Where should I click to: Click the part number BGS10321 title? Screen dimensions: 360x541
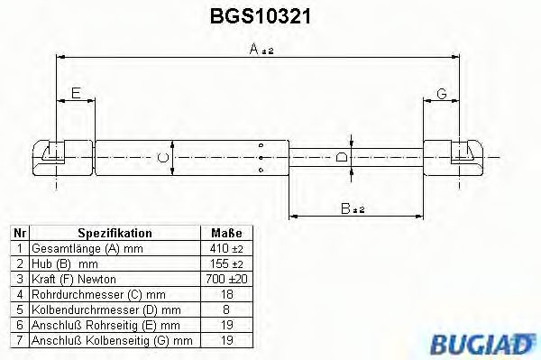(x=261, y=16)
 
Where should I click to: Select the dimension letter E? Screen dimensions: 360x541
(x=76, y=93)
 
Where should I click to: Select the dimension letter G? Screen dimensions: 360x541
(x=443, y=93)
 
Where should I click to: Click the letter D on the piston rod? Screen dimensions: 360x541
(x=341, y=158)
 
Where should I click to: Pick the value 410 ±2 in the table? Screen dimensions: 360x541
(x=221, y=247)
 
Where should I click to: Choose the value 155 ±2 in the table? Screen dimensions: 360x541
(x=221, y=263)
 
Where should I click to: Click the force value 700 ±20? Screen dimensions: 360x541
(x=221, y=279)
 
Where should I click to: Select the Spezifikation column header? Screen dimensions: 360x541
(x=115, y=232)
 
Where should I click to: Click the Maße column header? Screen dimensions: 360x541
(x=221, y=232)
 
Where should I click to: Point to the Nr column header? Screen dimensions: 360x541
(x=18, y=232)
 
